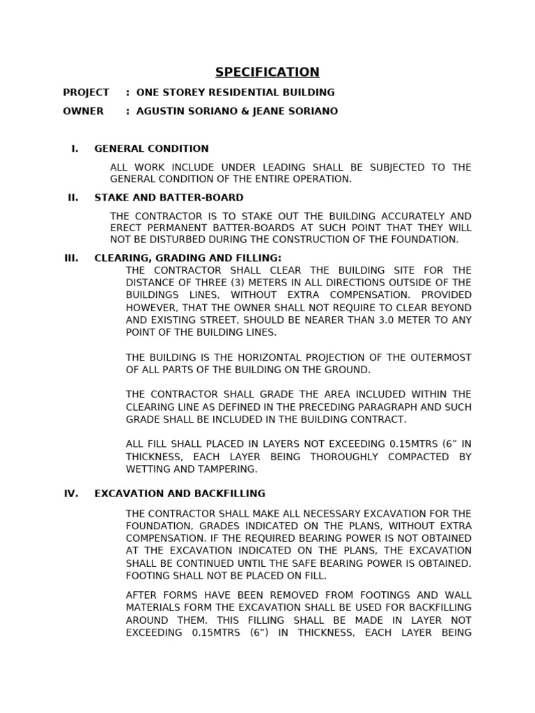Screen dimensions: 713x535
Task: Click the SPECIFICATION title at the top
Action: [267, 72]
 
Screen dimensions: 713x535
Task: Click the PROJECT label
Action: [86, 93]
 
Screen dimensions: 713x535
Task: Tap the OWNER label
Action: [83, 111]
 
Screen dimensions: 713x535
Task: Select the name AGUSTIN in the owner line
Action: [162, 111]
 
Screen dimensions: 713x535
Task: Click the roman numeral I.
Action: [75, 148]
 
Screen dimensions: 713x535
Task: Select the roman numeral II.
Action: [73, 198]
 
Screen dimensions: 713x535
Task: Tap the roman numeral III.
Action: [71, 258]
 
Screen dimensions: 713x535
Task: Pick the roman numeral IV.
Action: [71, 494]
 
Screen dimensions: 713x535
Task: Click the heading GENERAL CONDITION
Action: [151, 148]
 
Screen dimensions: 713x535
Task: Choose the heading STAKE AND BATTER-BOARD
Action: [169, 198]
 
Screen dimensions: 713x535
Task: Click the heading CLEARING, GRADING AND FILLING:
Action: [188, 258]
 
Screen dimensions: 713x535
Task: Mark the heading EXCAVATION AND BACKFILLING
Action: [180, 494]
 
